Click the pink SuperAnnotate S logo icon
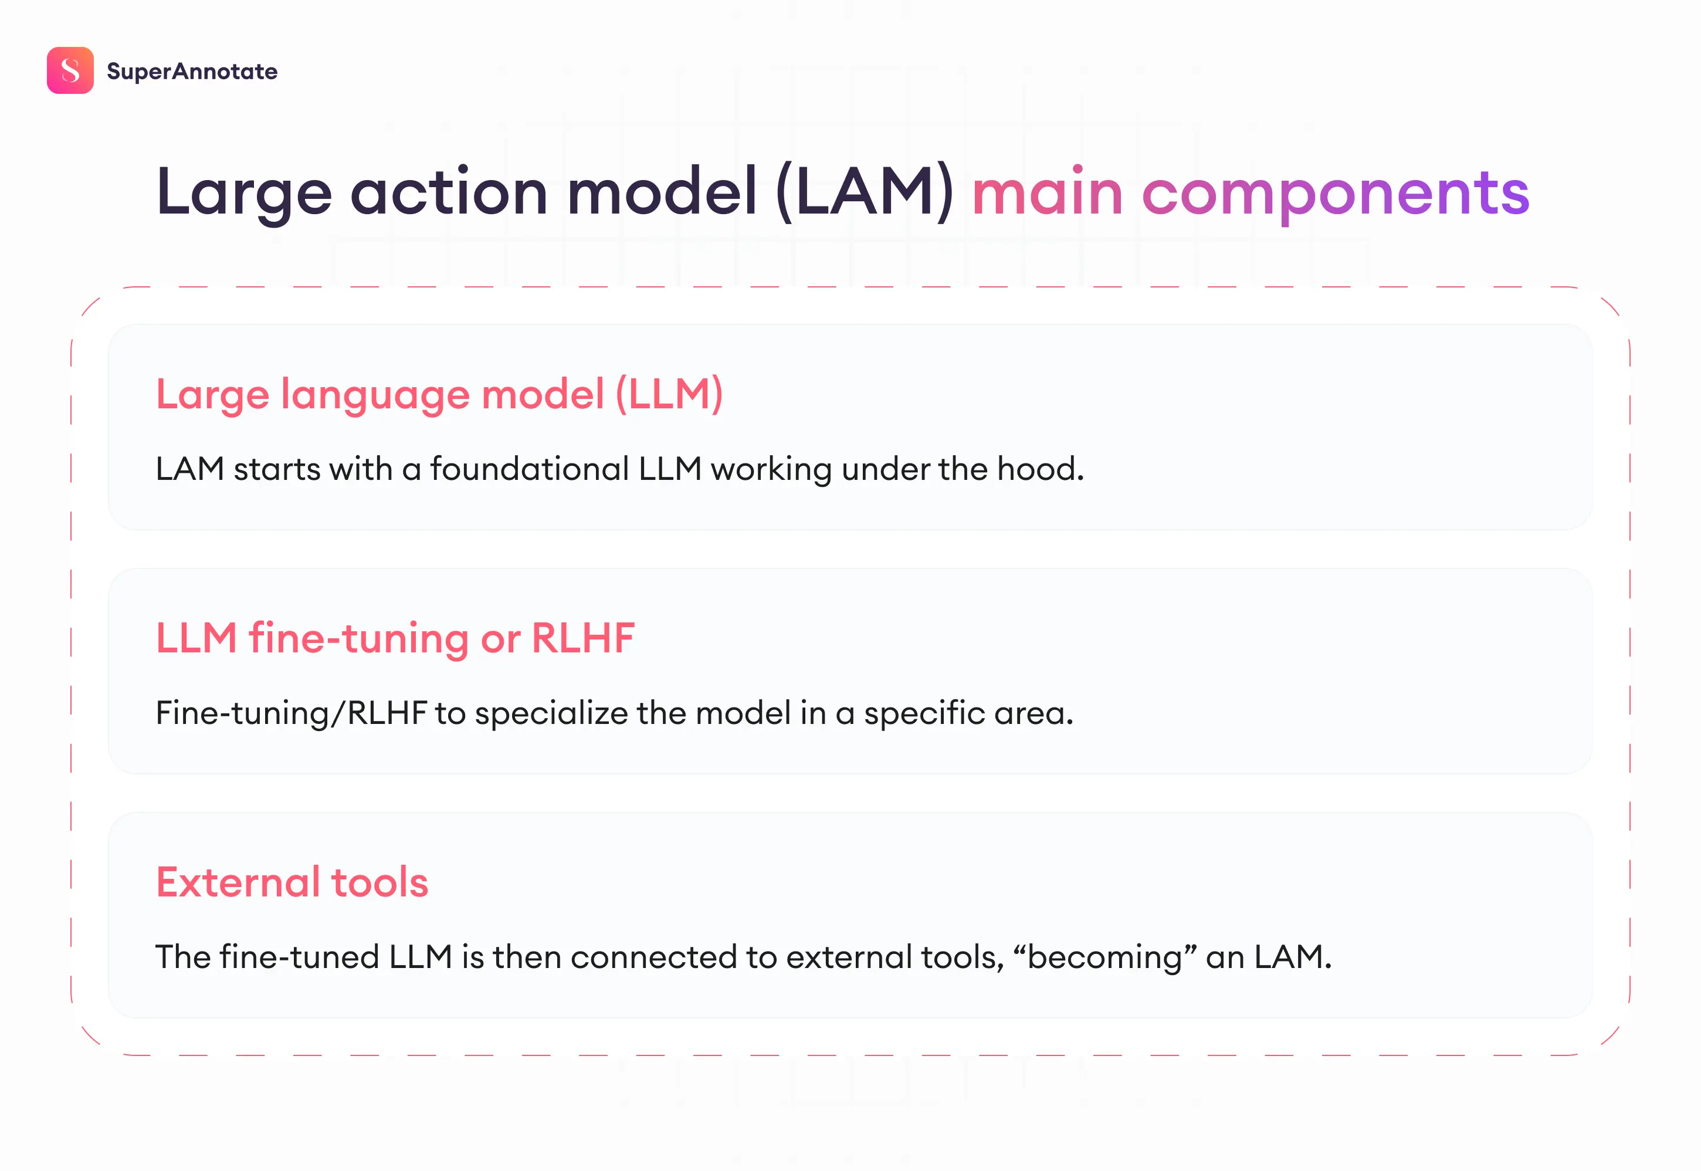[x=70, y=70]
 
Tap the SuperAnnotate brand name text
[x=192, y=71]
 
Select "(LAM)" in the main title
[x=865, y=192]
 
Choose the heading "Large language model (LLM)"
[x=439, y=395]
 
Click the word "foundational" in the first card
[x=530, y=468]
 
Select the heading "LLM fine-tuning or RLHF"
[x=395, y=638]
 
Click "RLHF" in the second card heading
[x=583, y=638]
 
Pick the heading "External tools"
[x=292, y=882]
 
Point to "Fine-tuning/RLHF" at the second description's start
[x=291, y=713]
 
